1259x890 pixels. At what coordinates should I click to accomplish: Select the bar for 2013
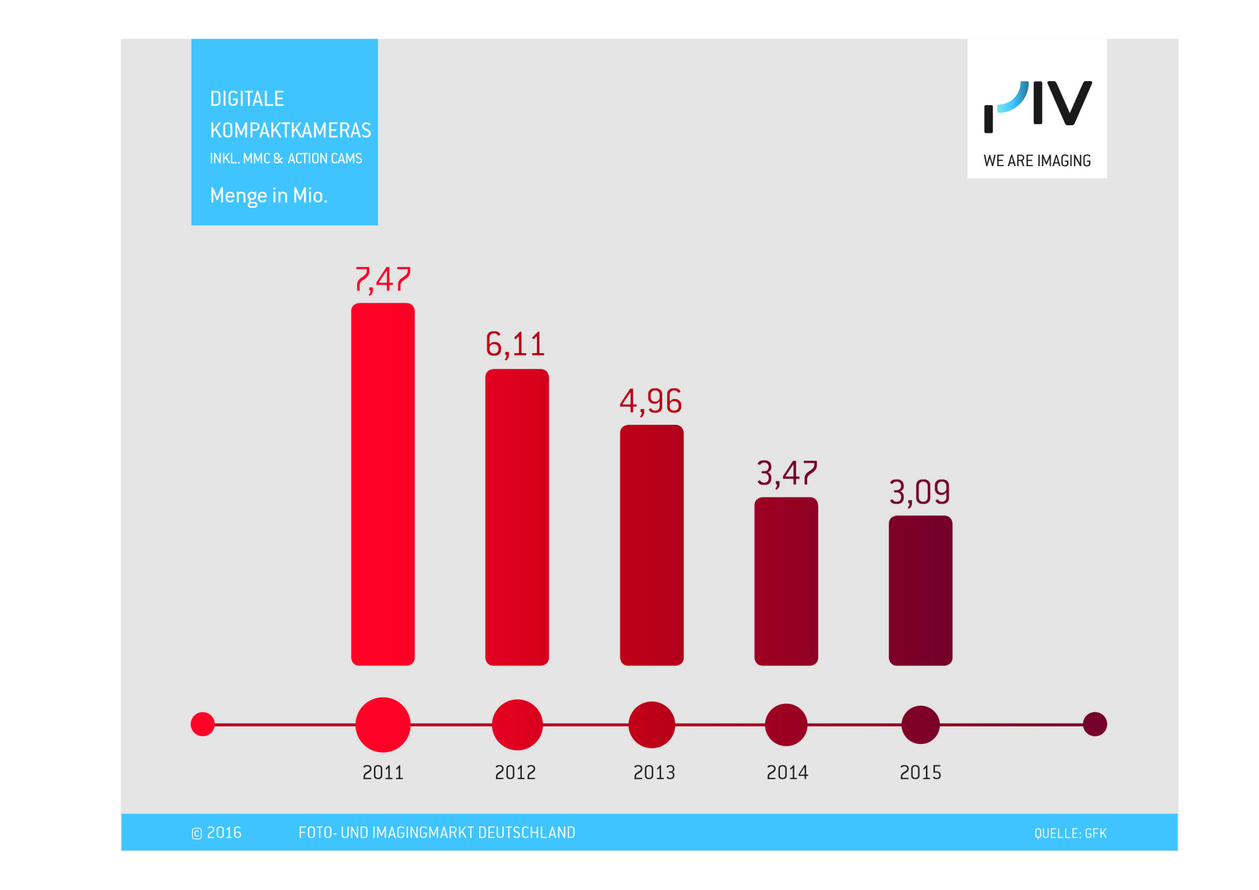coord(652,544)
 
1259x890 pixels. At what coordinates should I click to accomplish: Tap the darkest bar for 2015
coord(920,590)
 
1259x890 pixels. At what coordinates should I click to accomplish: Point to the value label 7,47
coord(383,279)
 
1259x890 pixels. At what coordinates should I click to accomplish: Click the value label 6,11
coord(515,344)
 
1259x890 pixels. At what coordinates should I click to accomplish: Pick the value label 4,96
coord(650,401)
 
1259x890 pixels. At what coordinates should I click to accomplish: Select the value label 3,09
coord(919,492)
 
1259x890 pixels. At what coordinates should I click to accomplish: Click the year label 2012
coord(515,772)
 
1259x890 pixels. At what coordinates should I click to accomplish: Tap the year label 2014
coord(787,772)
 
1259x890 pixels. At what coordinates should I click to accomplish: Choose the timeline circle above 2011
coord(383,724)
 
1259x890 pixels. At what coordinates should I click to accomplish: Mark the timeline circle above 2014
coord(786,724)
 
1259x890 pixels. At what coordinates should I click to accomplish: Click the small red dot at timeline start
coord(203,724)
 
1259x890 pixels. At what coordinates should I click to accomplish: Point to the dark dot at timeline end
coord(1095,724)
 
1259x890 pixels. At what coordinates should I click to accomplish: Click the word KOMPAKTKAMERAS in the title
coord(290,130)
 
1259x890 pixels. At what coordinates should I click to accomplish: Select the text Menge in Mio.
coord(269,196)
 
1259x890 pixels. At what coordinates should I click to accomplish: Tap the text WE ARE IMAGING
coord(1037,161)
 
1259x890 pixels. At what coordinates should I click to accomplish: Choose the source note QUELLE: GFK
coord(1070,833)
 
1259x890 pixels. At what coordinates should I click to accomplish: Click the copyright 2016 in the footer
coord(217,833)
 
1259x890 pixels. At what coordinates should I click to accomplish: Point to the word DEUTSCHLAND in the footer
coord(526,833)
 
